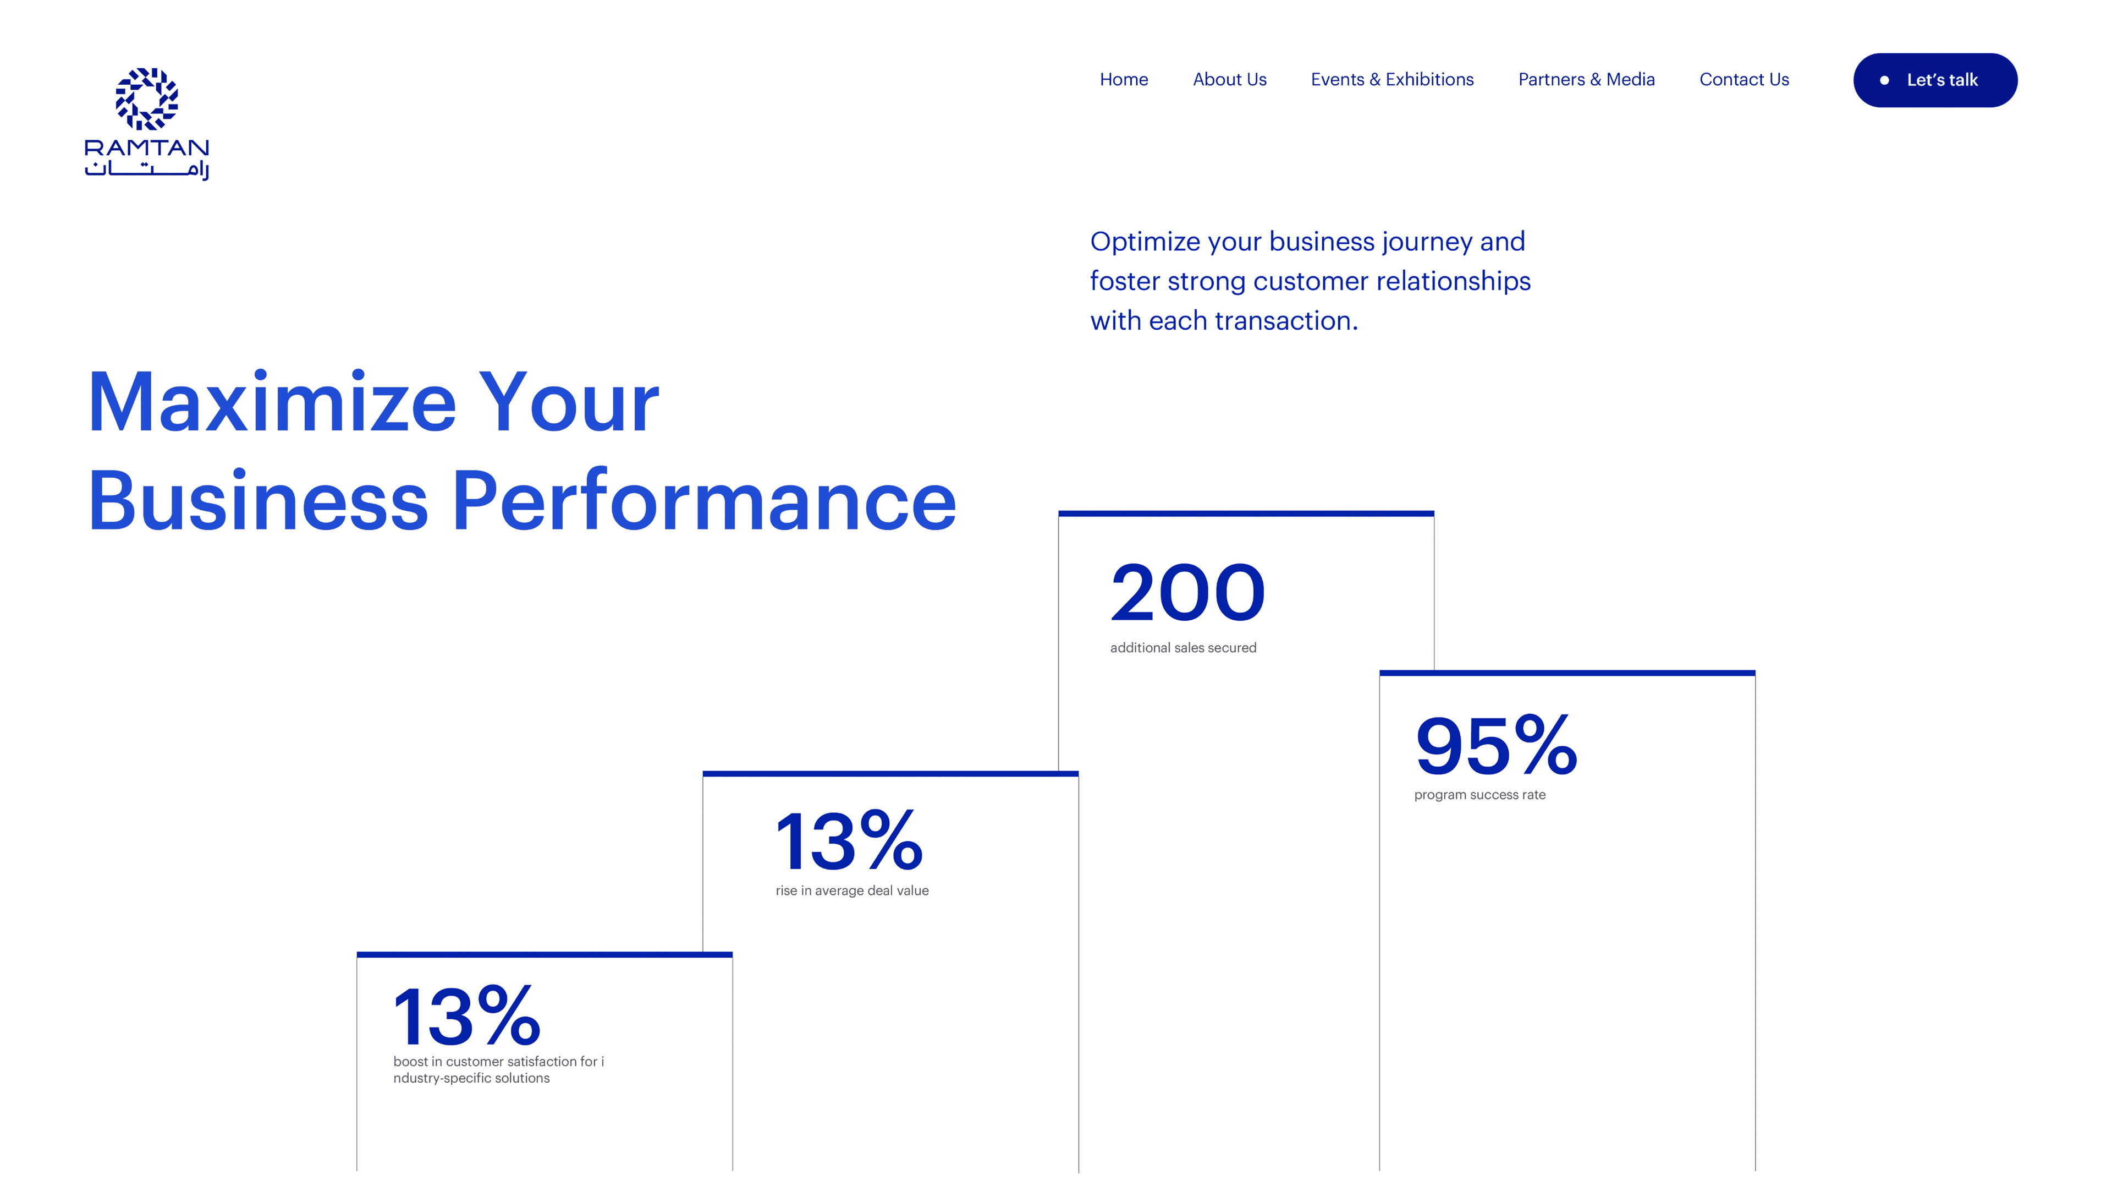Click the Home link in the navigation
[x=1123, y=80]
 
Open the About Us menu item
[x=1229, y=80]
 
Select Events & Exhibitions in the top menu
[x=1392, y=80]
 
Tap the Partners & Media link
[x=1586, y=80]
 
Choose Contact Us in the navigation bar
[x=1744, y=80]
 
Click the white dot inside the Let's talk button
[x=1884, y=80]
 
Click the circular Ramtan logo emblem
[x=147, y=99]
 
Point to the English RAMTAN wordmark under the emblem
[x=147, y=147]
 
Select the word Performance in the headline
[x=704, y=501]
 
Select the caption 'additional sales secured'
[x=1183, y=648]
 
